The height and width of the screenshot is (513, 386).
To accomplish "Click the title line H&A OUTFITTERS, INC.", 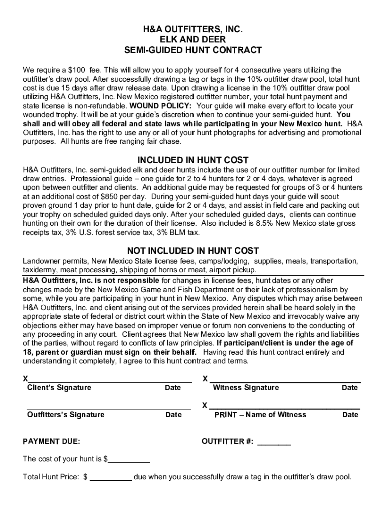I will pyautogui.click(x=193, y=30).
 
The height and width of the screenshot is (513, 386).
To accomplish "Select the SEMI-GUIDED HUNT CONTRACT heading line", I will pyautogui.click(x=193, y=50).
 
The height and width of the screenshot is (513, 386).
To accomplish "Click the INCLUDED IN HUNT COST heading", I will pyautogui.click(x=193, y=160).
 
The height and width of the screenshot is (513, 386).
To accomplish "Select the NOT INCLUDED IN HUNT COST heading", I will pyautogui.click(x=193, y=251).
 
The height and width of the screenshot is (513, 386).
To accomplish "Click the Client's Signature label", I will pyautogui.click(x=59, y=388).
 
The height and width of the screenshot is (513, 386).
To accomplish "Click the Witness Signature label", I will pyautogui.click(x=246, y=388).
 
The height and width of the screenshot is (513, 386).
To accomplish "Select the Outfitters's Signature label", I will pyautogui.click(x=66, y=415).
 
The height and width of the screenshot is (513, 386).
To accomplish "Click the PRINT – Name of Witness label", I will pyautogui.click(x=260, y=415).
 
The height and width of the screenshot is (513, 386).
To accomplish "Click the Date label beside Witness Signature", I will pyautogui.click(x=350, y=388).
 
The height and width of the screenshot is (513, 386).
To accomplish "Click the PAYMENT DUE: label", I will pyautogui.click(x=52, y=442).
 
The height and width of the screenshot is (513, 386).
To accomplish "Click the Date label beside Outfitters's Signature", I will pyautogui.click(x=173, y=415).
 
